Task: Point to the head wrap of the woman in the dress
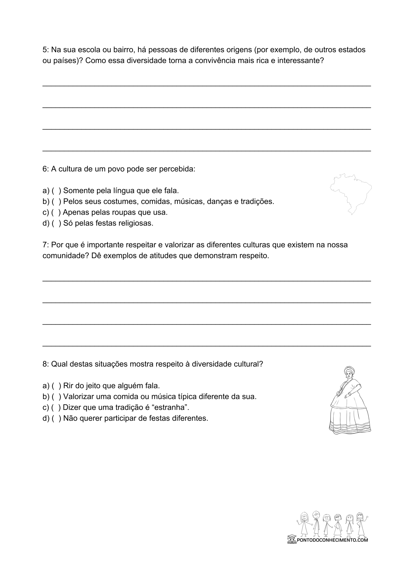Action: point(349,370)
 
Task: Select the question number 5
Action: point(45,50)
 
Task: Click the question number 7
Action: point(45,245)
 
